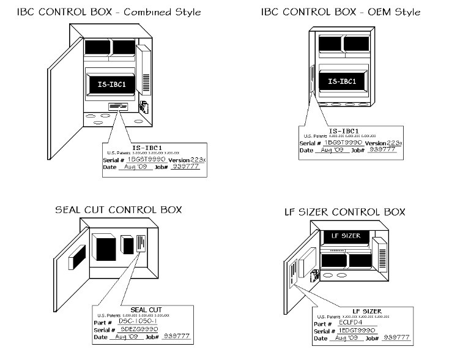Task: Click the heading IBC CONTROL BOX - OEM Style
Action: tap(341, 12)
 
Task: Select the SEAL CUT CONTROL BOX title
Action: tap(119, 210)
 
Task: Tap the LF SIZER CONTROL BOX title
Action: tap(345, 212)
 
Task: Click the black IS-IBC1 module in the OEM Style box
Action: tap(342, 81)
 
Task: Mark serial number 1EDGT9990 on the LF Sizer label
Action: tap(357, 329)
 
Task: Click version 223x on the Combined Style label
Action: tap(190, 159)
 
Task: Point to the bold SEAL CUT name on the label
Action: tap(145, 309)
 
